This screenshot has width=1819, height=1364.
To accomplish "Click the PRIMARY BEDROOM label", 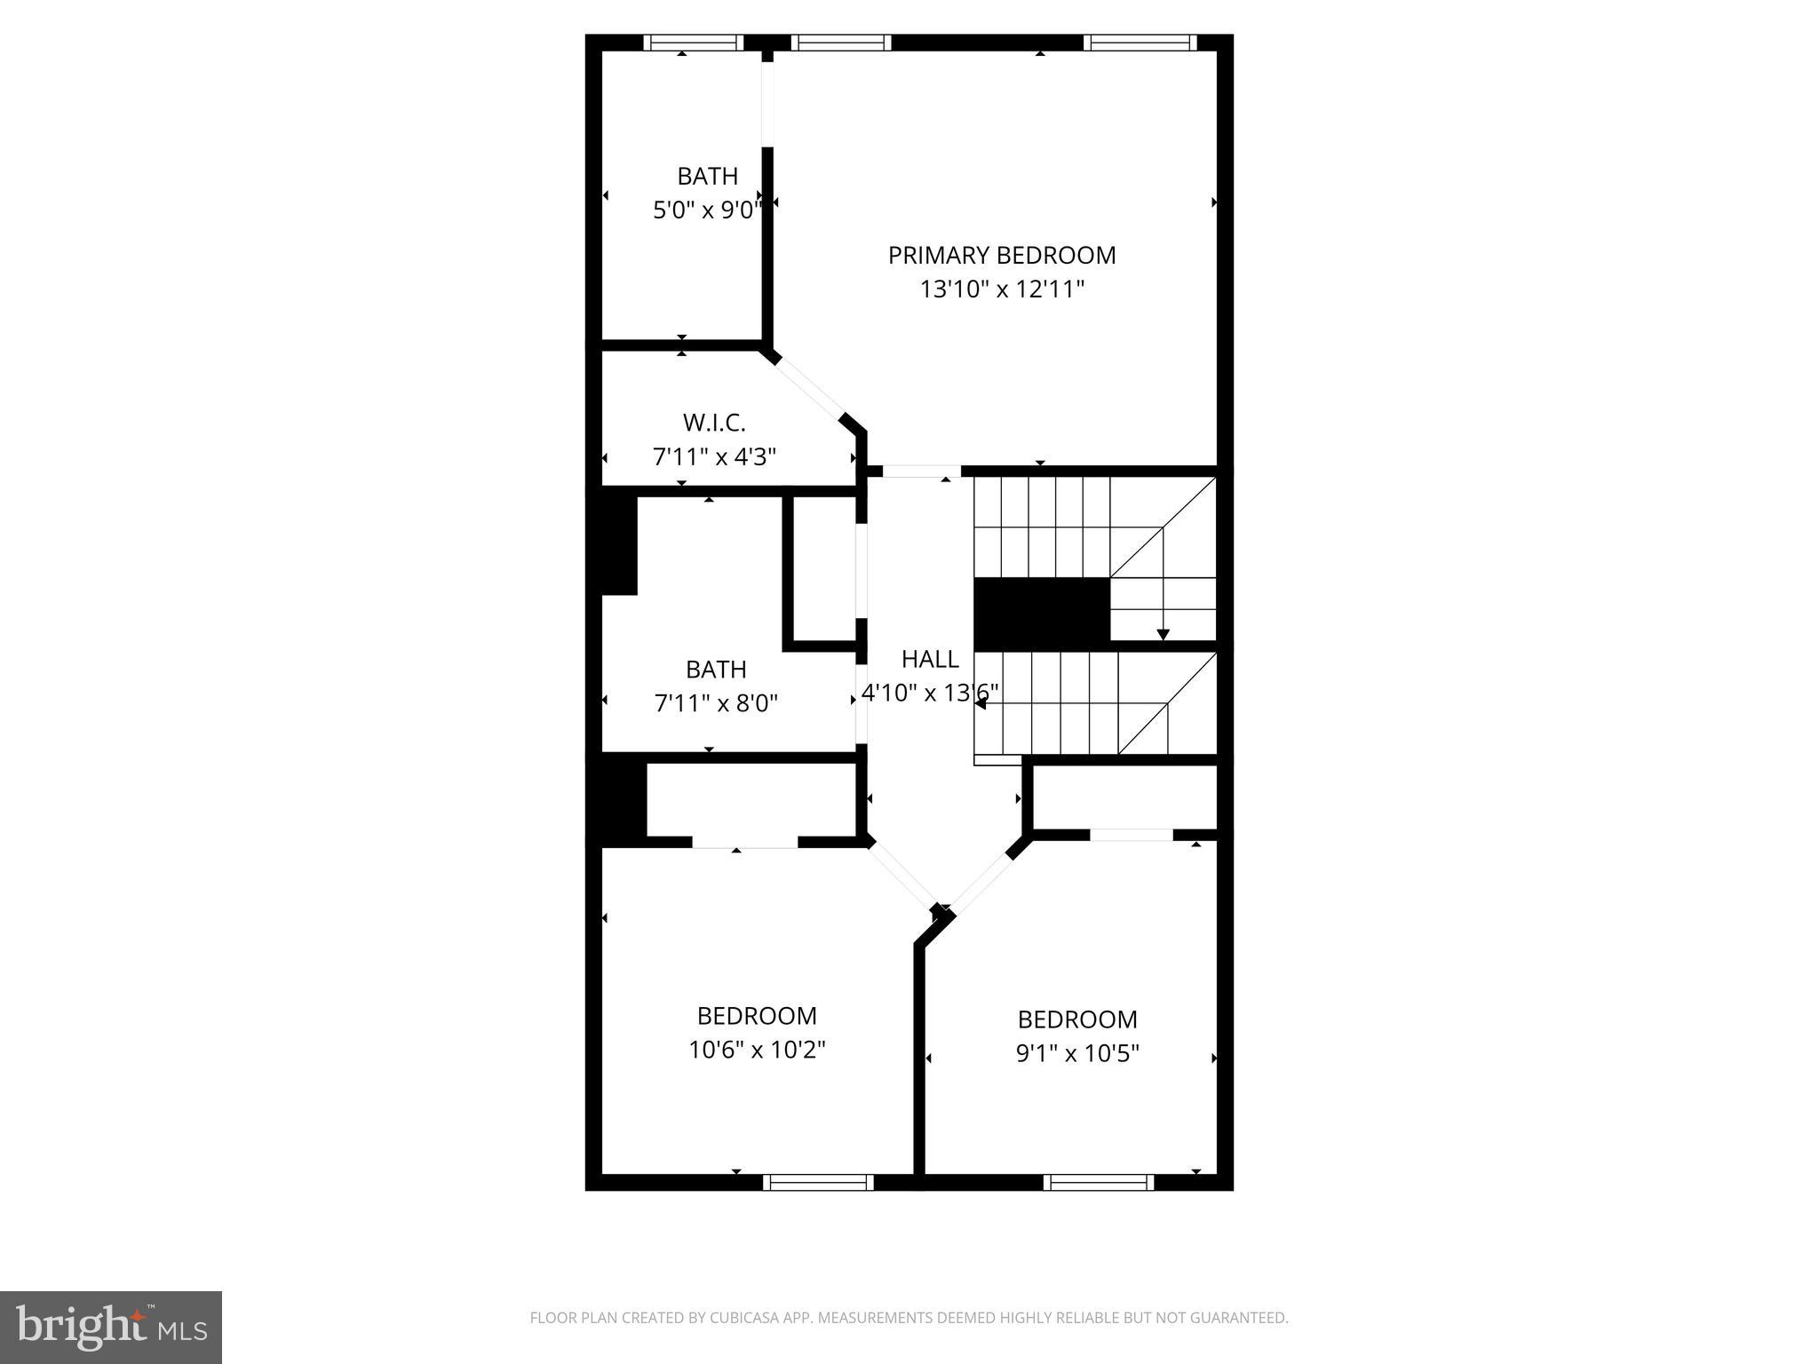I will coord(1002,256).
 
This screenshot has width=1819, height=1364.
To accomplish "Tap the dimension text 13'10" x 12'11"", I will coord(1002,289).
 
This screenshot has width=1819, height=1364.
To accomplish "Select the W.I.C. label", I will coord(714,422).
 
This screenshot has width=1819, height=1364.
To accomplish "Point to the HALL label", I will coord(930,659).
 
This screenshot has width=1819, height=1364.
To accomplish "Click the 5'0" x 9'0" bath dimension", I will coord(708,210).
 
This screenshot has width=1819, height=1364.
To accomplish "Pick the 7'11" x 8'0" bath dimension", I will coord(716,704).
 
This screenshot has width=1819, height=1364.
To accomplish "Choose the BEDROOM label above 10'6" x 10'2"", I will coord(757,1016).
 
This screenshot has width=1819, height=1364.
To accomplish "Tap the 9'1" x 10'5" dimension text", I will coord(1077,1054).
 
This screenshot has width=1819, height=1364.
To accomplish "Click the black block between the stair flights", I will coord(1042,613).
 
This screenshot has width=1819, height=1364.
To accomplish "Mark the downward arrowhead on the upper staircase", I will coord(1163,634).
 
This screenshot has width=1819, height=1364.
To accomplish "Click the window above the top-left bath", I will coord(693,43).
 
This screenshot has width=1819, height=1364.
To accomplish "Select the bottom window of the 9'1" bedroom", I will coord(1098,1182).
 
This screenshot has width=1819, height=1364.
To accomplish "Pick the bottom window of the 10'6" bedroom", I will coord(818,1182).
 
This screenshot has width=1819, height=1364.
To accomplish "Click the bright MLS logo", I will coord(110,1327).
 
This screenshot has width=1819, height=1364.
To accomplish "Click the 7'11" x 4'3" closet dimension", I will coord(714,457).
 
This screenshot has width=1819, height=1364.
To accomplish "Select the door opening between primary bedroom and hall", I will coord(921,472).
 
